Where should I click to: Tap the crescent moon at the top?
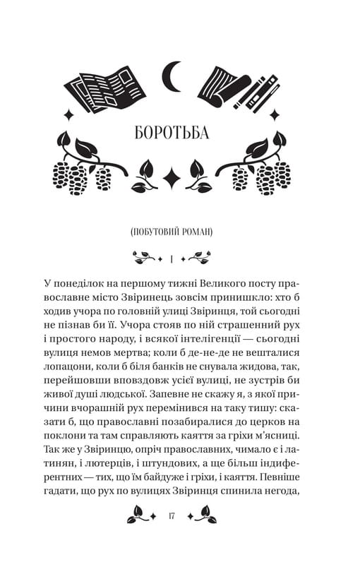[x=172, y=75]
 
